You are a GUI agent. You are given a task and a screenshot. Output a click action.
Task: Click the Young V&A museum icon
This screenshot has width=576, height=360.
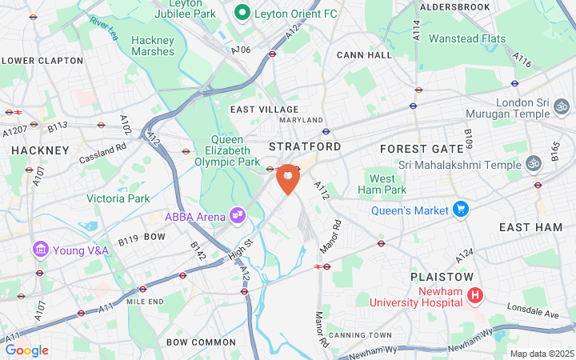coord(39,250)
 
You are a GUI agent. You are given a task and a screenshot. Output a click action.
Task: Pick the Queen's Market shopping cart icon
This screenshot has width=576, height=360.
coord(460,210)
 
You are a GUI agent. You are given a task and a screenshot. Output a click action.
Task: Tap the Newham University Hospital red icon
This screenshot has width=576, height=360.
coord(475,296)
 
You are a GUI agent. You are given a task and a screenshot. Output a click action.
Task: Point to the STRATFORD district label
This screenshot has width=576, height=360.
coord(304,147)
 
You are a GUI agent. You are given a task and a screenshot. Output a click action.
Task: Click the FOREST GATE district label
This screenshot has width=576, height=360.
coord(422,149)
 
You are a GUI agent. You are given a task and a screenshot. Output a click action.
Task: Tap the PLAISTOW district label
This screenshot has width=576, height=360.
coord(442,276)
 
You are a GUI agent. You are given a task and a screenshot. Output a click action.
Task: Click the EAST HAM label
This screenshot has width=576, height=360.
coord(530,228)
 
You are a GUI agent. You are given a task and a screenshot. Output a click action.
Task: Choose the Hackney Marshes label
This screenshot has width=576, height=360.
coord(152,46)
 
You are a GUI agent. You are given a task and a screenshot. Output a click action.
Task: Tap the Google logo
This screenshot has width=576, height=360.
coord(26,350)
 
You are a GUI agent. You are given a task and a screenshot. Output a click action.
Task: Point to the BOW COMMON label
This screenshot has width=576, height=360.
coord(201,342)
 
